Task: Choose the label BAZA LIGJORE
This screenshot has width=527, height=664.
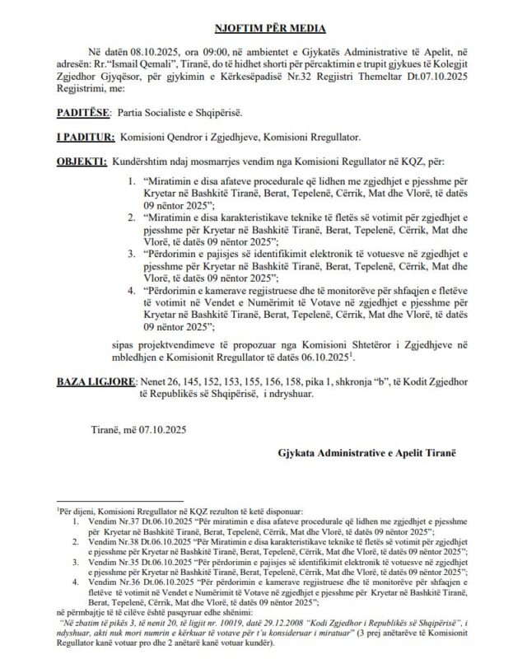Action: [93, 383]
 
